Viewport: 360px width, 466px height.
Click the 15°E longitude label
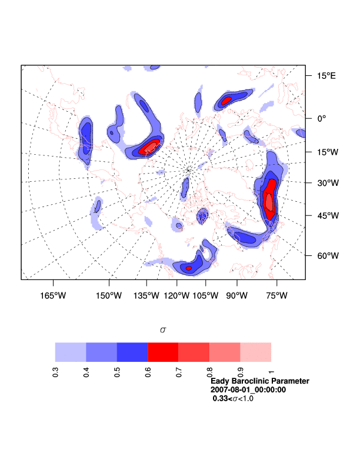pos(327,76)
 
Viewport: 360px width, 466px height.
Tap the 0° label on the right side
pos(322,118)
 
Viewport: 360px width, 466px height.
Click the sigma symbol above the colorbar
pos(163,330)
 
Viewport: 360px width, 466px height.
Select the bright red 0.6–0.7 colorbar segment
pos(163,352)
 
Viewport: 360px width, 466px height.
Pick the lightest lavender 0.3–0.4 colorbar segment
pos(71,352)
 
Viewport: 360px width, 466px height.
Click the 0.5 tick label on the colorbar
pos(117,372)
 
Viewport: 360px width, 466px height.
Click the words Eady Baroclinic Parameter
pos(259,381)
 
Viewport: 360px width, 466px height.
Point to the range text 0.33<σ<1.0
pos(233,398)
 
